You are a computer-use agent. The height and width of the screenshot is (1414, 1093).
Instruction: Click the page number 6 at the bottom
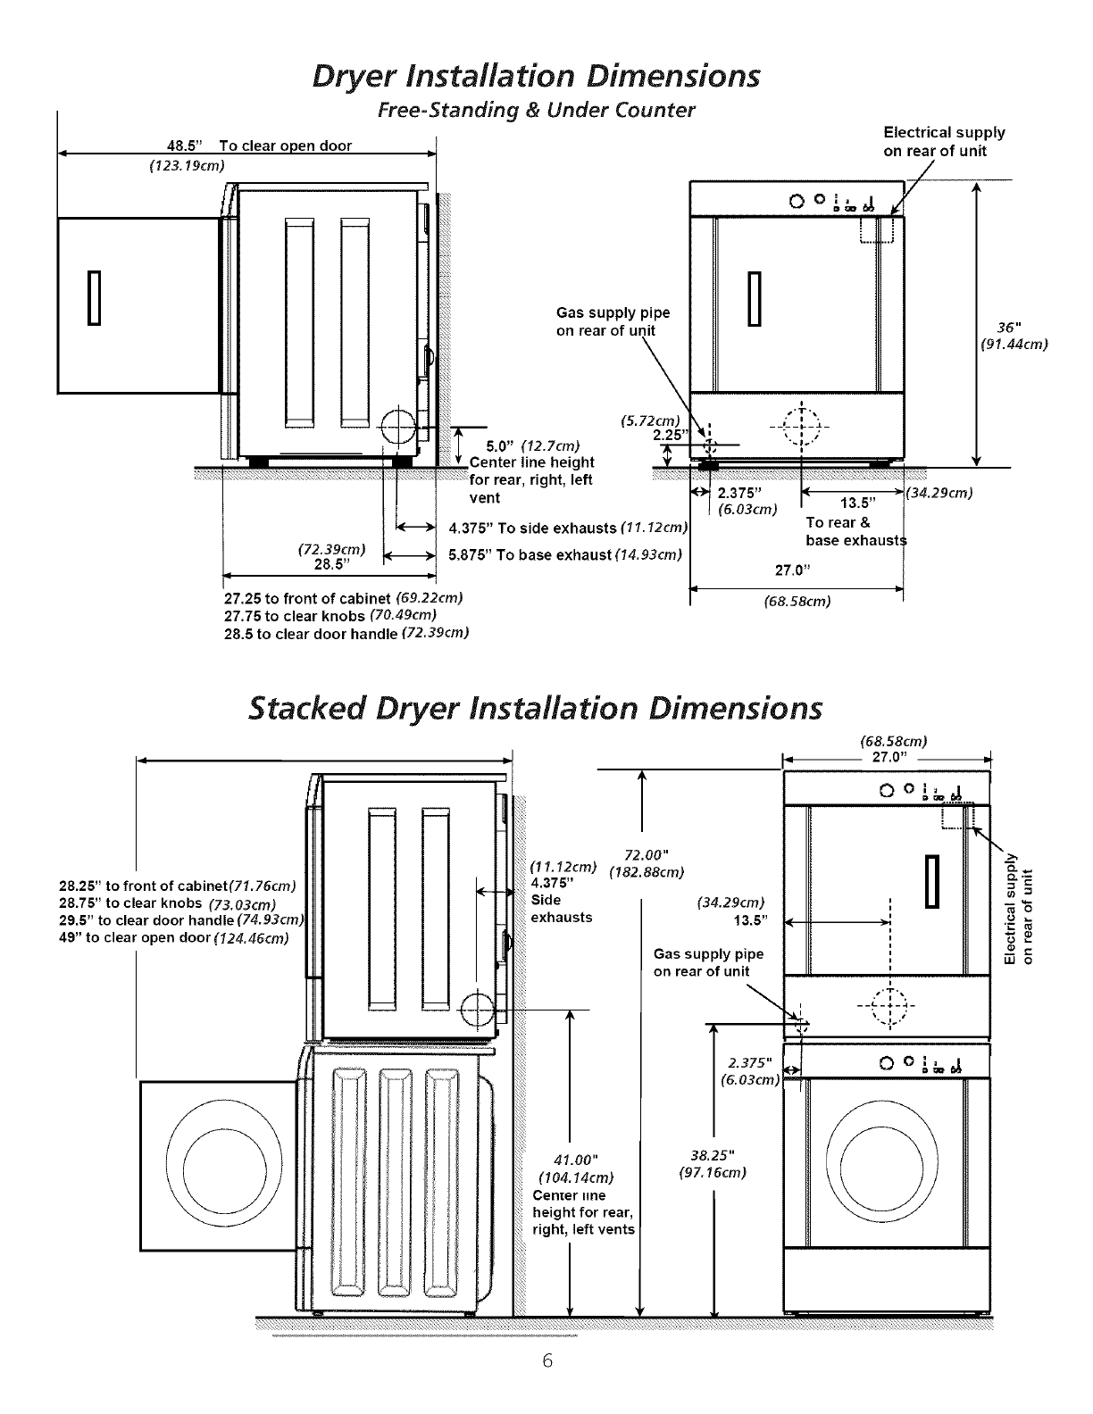[546, 1360]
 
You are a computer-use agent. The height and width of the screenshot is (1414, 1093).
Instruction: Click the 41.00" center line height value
[574, 1160]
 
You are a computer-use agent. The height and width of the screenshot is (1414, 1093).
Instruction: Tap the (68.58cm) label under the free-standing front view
[797, 602]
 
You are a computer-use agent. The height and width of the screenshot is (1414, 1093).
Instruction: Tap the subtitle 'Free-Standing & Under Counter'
[536, 111]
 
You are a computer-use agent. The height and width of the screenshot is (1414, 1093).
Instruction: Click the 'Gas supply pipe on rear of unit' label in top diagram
[613, 321]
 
